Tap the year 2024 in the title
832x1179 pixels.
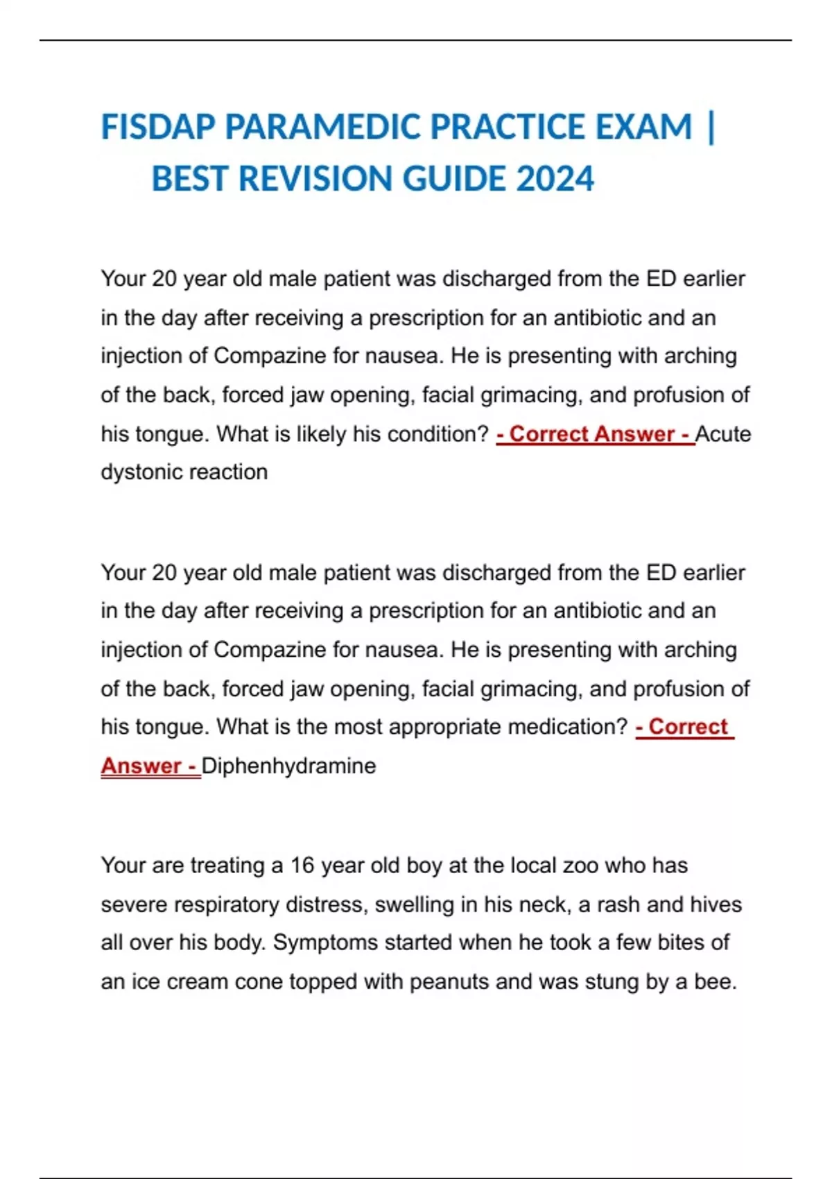tap(555, 179)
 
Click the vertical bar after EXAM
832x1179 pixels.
tap(712, 127)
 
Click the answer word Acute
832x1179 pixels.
tap(723, 434)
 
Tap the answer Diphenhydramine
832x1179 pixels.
tap(289, 766)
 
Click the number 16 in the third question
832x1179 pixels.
tap(302, 866)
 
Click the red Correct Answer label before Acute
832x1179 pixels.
tap(595, 434)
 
